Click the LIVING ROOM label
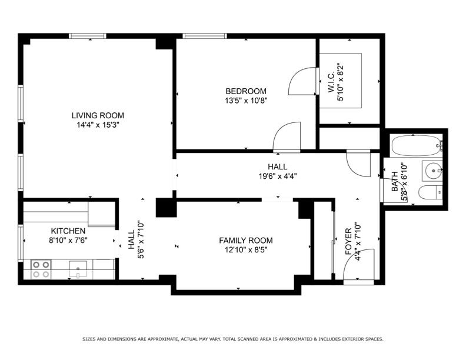pyautogui.click(x=98, y=115)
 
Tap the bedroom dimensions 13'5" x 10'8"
pyautogui.click(x=246, y=101)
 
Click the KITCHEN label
pyautogui.click(x=68, y=231)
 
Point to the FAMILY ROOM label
pyautogui.click(x=246, y=241)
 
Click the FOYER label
pyautogui.click(x=348, y=241)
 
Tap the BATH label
pyautogui.click(x=395, y=182)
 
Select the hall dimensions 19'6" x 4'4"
pyautogui.click(x=278, y=176)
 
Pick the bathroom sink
pyautogui.click(x=433, y=171)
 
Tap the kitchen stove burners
pyautogui.click(x=41, y=269)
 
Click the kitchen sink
pyautogui.click(x=78, y=269)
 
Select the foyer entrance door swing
pyautogui.click(x=359, y=264)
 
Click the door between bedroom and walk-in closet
pyautogui.click(x=302, y=81)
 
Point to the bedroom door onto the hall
pyautogui.click(x=287, y=136)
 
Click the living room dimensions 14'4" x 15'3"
pyautogui.click(x=98, y=125)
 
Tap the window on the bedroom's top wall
pyautogui.click(x=205, y=36)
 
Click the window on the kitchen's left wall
pyautogui.click(x=21, y=243)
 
